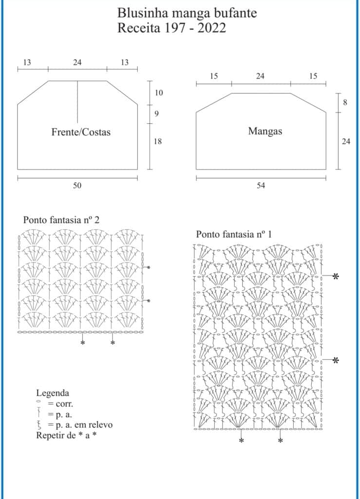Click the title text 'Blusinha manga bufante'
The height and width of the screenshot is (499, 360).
pos(187,13)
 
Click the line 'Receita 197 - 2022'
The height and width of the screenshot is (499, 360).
pos(172,28)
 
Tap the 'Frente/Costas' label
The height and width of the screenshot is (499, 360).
pos(81,132)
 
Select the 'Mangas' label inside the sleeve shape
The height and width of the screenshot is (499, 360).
pos(265,131)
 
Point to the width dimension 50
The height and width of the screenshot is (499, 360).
pos(77,185)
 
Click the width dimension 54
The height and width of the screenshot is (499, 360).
pos(261,185)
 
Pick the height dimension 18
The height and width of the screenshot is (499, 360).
pos(158,141)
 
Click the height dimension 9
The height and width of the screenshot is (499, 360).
pos(156,114)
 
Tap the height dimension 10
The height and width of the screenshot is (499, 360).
pos(159,93)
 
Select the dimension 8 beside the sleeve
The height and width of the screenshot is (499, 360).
pos(345,102)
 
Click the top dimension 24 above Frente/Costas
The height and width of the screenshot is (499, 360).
pos(77,62)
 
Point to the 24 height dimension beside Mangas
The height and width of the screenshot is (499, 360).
pos(346,141)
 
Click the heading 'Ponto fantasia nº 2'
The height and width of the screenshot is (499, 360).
pos(61,220)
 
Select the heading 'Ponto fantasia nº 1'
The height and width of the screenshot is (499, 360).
pos(234,234)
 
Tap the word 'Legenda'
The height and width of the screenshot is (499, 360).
pos(53,393)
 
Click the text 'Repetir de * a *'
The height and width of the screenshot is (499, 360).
pos(66,435)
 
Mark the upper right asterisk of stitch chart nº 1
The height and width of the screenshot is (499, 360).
pos(335,276)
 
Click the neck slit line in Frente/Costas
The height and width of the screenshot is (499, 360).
pos(77,102)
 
